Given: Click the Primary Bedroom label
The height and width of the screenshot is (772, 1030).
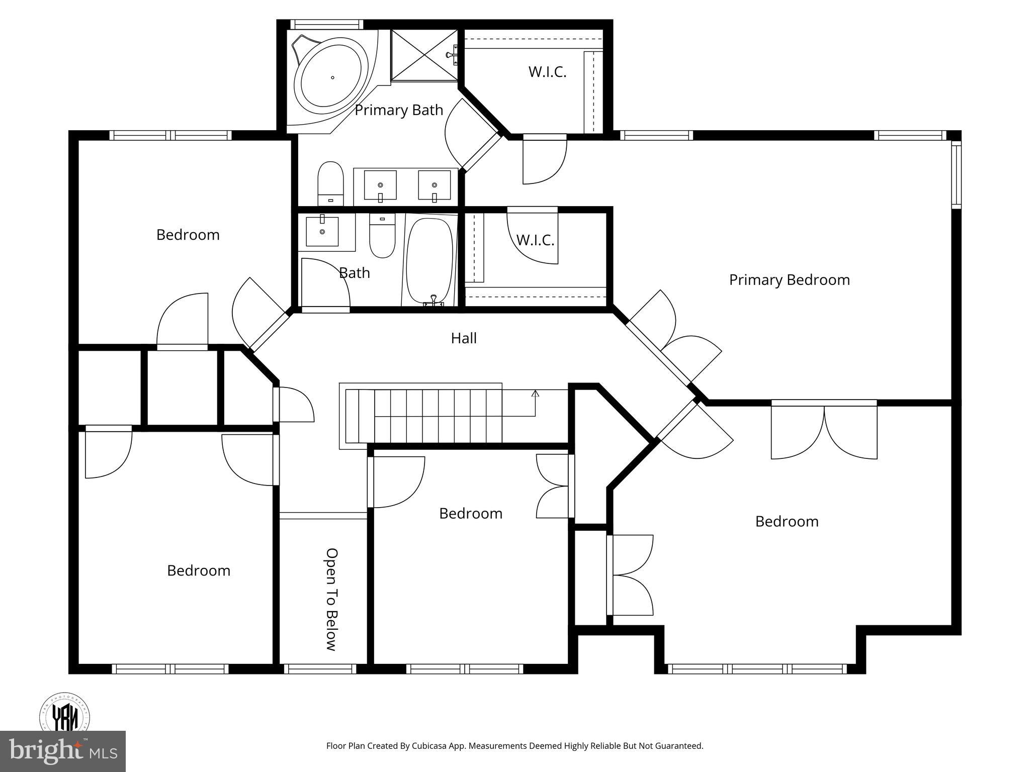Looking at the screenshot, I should point(789,280).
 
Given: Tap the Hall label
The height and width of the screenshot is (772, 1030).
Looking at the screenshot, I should point(463,338).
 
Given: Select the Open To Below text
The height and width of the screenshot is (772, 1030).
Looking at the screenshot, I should point(331,599).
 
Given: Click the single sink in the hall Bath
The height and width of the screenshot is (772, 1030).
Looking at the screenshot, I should point(322,232).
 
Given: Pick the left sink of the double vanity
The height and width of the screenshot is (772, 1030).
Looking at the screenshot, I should point(380,185).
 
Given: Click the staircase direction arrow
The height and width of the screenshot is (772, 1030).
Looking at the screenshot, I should point(535,394).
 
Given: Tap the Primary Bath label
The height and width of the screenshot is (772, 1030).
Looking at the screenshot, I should point(399,110).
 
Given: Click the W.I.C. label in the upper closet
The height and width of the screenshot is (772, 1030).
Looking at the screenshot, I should point(547,72).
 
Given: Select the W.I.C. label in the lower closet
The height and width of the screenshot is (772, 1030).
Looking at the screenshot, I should point(535,240).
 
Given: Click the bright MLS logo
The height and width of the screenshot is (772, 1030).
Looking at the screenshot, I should point(62,751).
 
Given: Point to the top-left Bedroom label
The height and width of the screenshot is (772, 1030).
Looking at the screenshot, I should point(188,235).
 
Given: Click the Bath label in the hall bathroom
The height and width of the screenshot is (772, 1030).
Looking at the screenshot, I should point(354,273).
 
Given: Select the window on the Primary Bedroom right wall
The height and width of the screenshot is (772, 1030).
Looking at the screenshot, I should point(956,174).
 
